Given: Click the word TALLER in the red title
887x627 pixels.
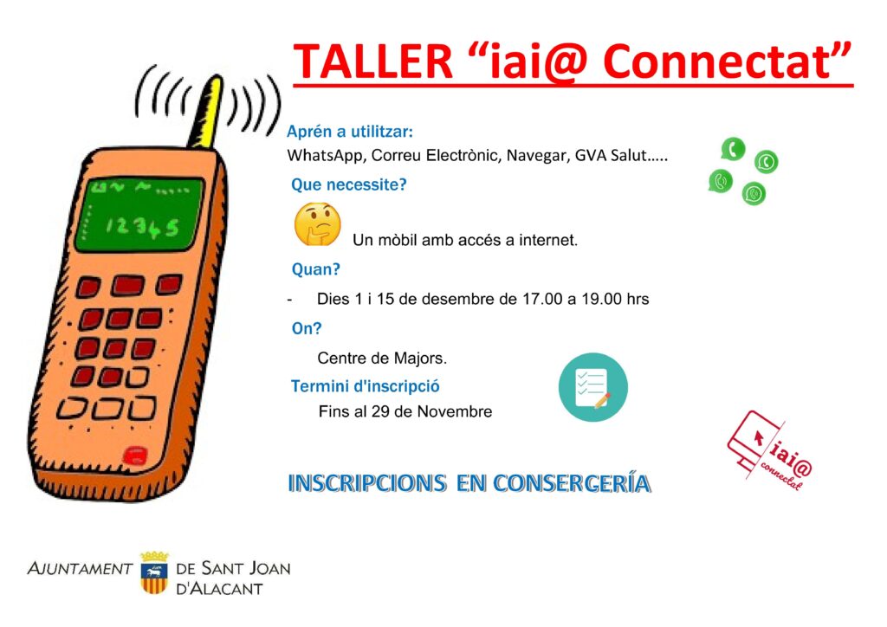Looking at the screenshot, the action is coord(372,61).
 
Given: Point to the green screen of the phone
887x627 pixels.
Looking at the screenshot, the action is coord(139,214).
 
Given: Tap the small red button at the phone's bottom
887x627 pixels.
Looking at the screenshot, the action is coord(136,456).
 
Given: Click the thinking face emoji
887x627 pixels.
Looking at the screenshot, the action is coord(317,224).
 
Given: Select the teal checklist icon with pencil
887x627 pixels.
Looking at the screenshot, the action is coord(592,387).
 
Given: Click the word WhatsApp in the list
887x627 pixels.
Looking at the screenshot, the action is coord(324,156).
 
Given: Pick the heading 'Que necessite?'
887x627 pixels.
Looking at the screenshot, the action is coord(348,184).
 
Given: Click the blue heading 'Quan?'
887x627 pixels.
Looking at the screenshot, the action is coord(315,269).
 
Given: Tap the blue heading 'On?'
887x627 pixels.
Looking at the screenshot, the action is coord(306,328).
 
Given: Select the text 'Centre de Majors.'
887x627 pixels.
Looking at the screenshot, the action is coord(382,359).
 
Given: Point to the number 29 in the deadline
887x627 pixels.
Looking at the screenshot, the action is coord(380,411).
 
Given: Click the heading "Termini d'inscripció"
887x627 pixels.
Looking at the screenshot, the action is coord(365,387).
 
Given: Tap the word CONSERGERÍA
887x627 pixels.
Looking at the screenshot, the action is coord(572,484).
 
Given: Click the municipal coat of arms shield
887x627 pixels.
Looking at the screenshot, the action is coord(154,573).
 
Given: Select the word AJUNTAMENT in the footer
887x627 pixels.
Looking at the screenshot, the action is coord(80,569).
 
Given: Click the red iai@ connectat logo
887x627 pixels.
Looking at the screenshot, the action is coord(770,450).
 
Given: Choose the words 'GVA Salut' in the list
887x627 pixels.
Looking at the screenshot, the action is coord(611,156).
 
